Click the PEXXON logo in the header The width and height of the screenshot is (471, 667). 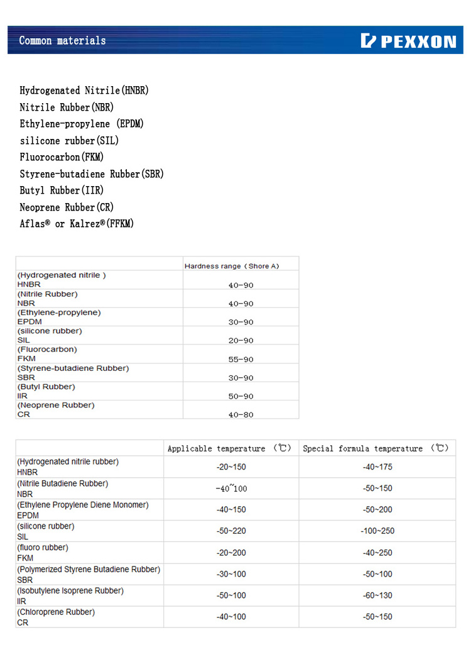click(408, 41)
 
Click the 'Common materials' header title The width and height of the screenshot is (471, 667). click(62, 41)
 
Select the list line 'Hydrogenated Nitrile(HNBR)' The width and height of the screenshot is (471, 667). click(84, 91)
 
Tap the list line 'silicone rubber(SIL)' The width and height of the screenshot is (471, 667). click(69, 141)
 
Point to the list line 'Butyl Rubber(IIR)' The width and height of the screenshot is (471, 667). click(62, 190)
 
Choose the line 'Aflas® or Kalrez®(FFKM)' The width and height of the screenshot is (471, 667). click(77, 224)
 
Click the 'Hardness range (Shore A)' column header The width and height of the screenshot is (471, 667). click(231, 266)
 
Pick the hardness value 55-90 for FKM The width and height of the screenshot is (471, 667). click(241, 359)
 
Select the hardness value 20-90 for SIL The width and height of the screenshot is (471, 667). click(241, 341)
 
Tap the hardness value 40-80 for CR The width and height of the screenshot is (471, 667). click(241, 415)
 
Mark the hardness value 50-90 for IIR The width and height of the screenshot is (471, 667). click(241, 397)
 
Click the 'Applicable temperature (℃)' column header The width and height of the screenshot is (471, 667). click(230, 449)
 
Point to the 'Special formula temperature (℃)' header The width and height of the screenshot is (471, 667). click(376, 449)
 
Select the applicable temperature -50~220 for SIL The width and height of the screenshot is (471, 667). click(231, 531)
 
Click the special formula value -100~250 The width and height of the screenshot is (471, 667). click(377, 531)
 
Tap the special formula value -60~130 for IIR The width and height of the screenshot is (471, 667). click(377, 595)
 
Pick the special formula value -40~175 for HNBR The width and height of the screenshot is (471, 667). click(377, 467)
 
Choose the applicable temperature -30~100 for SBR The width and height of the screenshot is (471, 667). click(231, 574)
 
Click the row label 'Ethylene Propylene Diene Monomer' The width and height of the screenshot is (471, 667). click(83, 505)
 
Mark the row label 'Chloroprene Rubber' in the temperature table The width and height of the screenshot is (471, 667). click(56, 612)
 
